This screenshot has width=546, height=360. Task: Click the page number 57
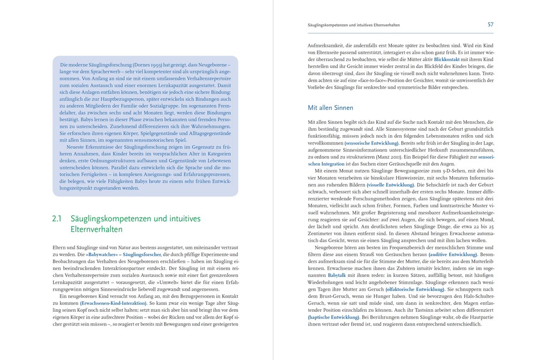tap(490, 25)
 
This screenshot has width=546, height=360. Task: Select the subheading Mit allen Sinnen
tap(330, 108)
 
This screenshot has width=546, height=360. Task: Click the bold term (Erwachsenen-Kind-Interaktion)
tap(113, 303)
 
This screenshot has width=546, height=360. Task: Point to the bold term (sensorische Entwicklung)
tap(372, 143)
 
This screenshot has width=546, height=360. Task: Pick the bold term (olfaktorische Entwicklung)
tap(415, 289)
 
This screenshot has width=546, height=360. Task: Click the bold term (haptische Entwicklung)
tap(333, 317)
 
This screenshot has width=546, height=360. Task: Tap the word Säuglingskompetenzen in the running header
tap(328, 25)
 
